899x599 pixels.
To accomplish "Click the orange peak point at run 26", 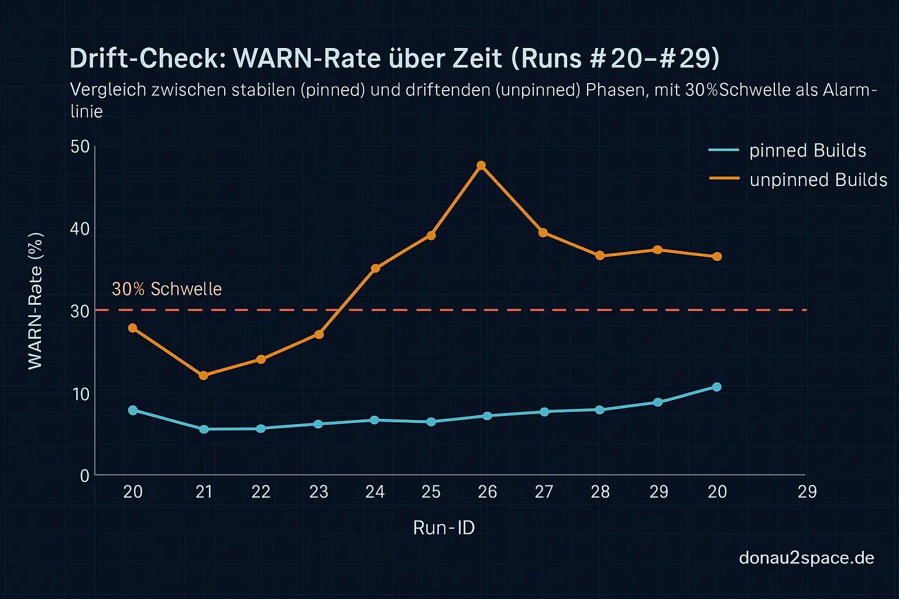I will point(481,166).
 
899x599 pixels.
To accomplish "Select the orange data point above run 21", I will point(203,376).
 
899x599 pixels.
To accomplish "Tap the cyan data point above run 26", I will point(487,416).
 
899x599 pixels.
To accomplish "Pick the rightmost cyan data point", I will point(716,387).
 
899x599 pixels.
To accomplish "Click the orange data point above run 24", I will point(375,268).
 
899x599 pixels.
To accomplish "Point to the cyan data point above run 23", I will point(318,424).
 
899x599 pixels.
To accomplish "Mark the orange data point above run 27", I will point(543,233).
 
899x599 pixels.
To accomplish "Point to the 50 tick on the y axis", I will point(80,146).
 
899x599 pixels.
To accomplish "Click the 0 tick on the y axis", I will point(85,476).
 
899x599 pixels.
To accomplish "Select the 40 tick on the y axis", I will point(80,229).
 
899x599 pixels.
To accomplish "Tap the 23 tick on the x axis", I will point(318,492).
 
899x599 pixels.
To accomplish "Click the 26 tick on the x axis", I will point(487,492).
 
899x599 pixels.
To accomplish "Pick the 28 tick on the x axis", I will point(600,492).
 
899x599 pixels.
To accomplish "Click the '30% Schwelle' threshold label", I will point(167,289).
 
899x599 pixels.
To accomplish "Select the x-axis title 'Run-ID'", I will point(444,528).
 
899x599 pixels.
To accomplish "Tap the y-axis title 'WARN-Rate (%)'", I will point(35,301).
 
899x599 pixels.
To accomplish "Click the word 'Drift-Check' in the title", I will point(147,58).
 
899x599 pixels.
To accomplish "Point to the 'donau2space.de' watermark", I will point(807,557).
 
